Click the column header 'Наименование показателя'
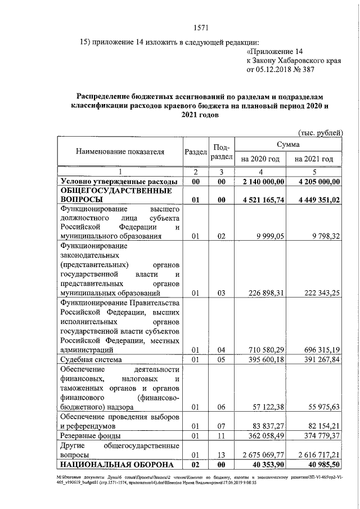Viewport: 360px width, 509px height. point(120,152)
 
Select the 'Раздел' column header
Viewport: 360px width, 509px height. point(195,152)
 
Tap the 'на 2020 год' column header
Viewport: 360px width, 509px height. point(260,159)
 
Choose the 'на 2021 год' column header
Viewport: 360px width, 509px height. point(313,159)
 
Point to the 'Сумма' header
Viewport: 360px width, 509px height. point(287,145)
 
